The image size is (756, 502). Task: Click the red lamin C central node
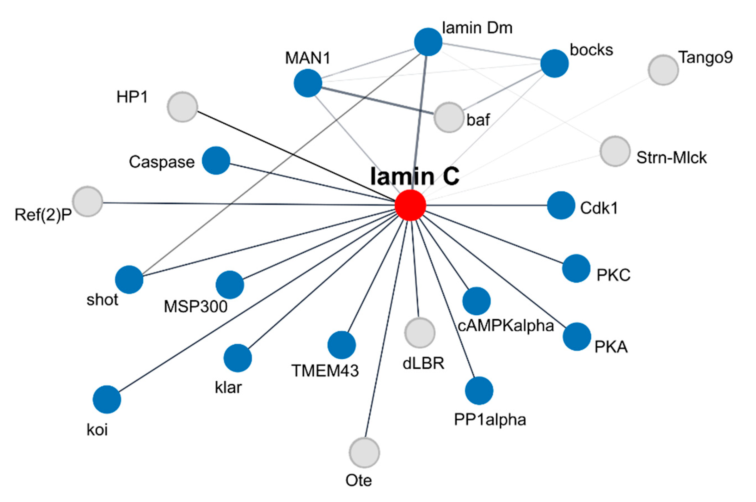tap(410, 205)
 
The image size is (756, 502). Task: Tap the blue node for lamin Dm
tap(428, 42)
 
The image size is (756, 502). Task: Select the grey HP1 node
tap(182, 107)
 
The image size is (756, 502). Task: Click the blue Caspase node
tap(216, 160)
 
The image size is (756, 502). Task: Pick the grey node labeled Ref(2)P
tap(88, 201)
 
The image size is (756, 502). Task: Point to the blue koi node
tap(107, 399)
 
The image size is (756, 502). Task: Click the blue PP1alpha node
tap(479, 391)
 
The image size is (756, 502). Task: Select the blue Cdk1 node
tap(561, 205)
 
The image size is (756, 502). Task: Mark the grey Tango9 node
tap(663, 70)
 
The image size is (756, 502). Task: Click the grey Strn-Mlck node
tap(615, 151)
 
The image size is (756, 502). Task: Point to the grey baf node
tap(449, 117)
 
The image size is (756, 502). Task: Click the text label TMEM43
tap(325, 371)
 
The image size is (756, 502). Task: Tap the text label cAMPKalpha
tap(506, 326)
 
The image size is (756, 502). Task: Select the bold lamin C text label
tap(415, 176)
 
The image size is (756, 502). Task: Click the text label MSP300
tap(195, 306)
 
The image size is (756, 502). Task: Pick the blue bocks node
tap(554, 63)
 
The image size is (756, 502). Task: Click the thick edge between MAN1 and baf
tap(378, 101)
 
